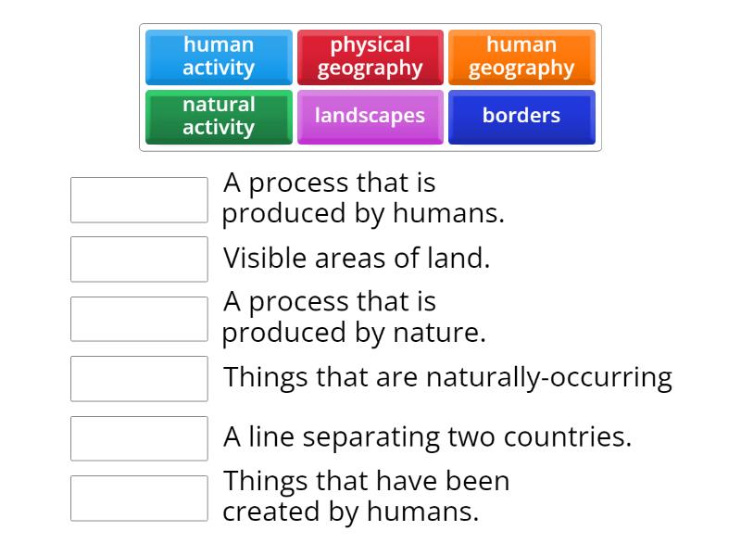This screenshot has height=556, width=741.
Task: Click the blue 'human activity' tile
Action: click(x=219, y=57)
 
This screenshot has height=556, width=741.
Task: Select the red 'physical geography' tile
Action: click(x=370, y=57)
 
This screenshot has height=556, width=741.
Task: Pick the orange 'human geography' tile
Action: click(x=521, y=57)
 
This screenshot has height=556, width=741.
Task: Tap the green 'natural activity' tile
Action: click(x=219, y=116)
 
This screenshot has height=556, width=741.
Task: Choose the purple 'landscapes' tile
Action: click(x=370, y=116)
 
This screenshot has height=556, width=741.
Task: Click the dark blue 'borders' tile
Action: click(x=521, y=116)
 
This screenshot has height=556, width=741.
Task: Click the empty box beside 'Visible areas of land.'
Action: click(x=139, y=259)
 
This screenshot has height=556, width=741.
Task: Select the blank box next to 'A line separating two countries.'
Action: click(x=139, y=438)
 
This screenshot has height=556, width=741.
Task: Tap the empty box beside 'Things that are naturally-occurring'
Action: click(x=139, y=378)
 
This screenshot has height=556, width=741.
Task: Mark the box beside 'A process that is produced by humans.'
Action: click(x=139, y=199)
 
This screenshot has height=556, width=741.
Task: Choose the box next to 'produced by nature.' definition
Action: click(x=139, y=319)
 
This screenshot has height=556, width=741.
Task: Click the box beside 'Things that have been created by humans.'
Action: click(x=139, y=498)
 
